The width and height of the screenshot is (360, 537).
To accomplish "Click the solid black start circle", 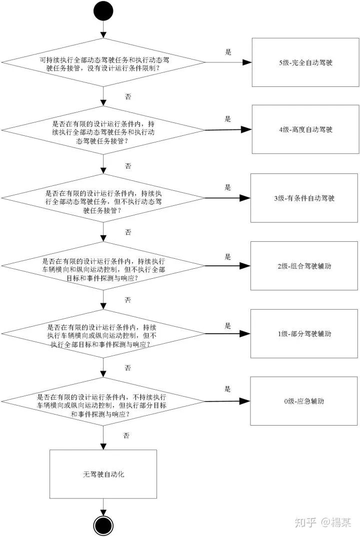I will click(103, 11).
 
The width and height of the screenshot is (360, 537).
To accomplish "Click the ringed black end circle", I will click(103, 525).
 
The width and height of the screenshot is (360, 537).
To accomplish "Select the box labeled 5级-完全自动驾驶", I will click(305, 63).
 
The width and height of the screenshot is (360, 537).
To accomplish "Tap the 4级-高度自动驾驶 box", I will click(305, 129).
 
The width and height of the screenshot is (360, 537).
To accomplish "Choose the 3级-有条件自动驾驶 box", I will click(304, 198).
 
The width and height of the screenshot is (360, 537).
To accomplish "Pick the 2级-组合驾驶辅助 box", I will click(304, 266).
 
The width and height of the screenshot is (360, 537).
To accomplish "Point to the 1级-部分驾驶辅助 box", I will click(304, 333).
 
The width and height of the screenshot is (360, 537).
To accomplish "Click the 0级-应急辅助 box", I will click(304, 401).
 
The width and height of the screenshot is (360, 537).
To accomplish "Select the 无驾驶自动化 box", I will click(103, 474).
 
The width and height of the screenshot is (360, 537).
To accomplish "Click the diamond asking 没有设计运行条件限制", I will click(103, 63).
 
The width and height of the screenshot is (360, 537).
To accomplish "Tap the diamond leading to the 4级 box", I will click(103, 130).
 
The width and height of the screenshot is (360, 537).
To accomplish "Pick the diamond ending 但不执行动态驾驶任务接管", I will click(103, 198).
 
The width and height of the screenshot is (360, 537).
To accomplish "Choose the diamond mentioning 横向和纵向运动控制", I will click(103, 266).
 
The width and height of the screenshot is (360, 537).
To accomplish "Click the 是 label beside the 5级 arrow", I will click(228, 51).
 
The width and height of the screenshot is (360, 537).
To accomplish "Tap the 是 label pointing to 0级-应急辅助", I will click(228, 389).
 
